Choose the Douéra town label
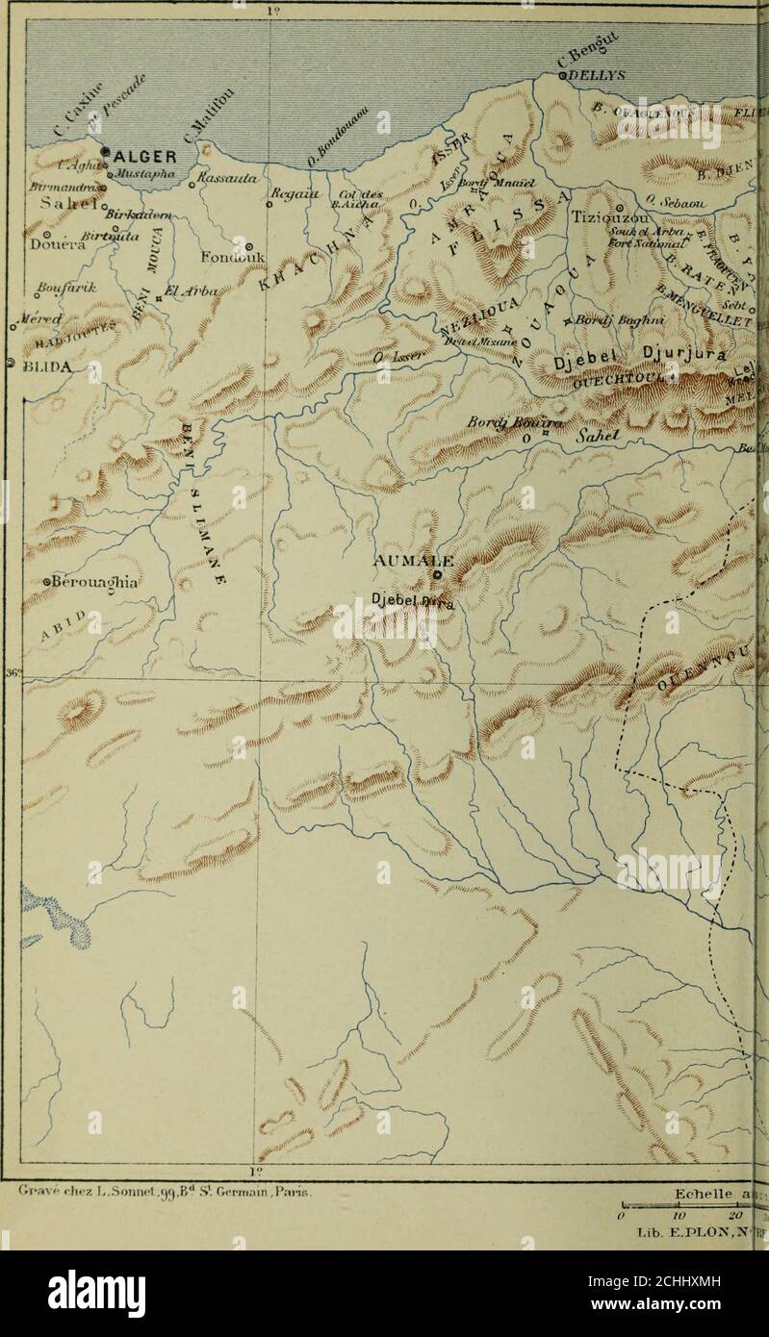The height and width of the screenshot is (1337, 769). click(43, 244)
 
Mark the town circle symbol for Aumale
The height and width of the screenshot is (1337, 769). click(436, 575)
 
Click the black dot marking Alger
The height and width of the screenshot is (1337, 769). click(108, 150)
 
